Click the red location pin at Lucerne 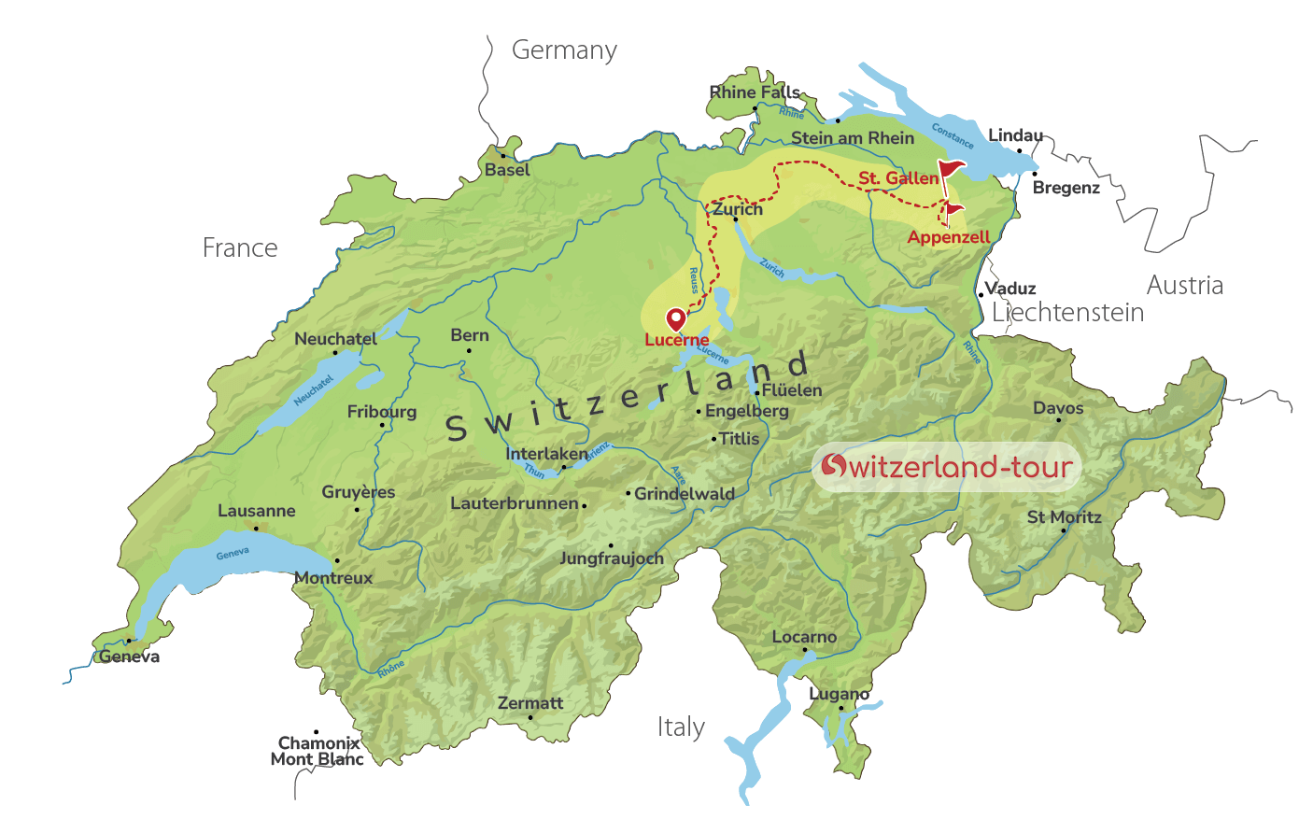click(x=675, y=319)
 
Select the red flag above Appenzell click(x=953, y=210)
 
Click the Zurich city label click(x=738, y=209)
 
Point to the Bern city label click(x=470, y=335)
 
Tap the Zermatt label click(x=530, y=703)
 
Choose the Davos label click(x=1058, y=408)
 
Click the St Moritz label click(x=1065, y=517)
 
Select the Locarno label click(x=804, y=637)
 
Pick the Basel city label click(x=507, y=170)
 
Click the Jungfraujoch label click(x=612, y=558)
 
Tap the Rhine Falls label click(x=755, y=92)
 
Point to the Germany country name click(x=564, y=50)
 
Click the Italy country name click(x=681, y=727)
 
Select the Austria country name click(x=1185, y=286)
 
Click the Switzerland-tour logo click(x=946, y=466)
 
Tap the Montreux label click(x=334, y=578)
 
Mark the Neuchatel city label click(x=336, y=339)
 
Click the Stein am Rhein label click(x=853, y=138)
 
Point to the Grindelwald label click(x=685, y=494)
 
